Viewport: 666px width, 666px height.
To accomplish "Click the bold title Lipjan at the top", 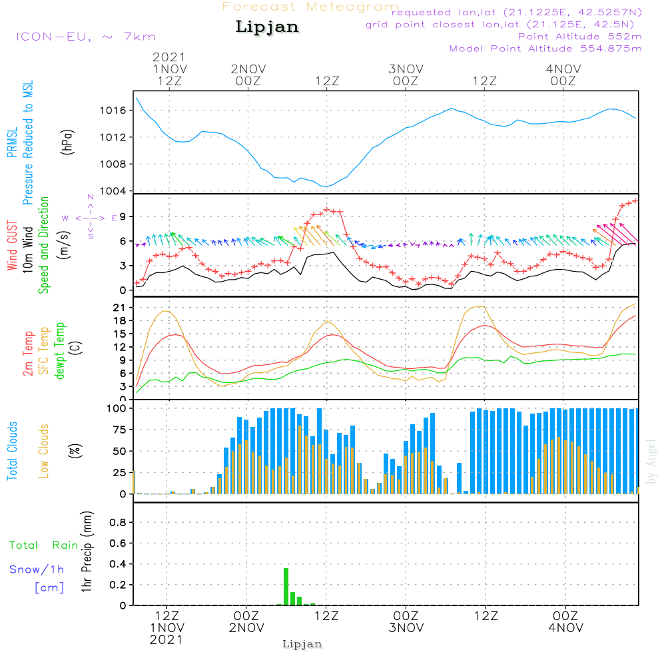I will pos(267,27).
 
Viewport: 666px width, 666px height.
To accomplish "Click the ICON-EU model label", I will pos(85,37).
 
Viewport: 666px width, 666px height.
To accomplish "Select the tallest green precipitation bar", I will pos(286,586).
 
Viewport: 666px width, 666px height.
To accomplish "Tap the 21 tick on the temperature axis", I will pos(120,307).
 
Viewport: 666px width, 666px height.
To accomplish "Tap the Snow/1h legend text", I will pos(37,569).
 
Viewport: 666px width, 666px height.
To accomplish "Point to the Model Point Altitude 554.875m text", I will pos(545,49).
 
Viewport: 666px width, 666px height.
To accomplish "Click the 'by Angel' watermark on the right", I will pos(651,462).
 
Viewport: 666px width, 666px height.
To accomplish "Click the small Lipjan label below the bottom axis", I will pos(302,644).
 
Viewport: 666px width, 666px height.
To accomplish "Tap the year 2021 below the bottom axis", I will pos(166,639).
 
